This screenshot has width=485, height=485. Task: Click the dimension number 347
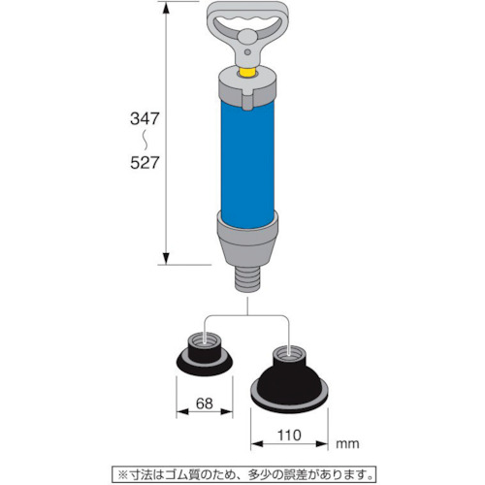145,118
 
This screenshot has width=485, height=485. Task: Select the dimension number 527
145,163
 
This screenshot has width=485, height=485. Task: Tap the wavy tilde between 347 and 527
145,141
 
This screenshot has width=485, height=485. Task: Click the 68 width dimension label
205,404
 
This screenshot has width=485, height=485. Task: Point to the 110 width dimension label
289,436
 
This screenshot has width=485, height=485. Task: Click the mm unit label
347,444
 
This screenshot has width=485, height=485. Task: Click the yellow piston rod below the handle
247,73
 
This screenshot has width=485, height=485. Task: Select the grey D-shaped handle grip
247,19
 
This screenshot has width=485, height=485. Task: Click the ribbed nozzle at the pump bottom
247,279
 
